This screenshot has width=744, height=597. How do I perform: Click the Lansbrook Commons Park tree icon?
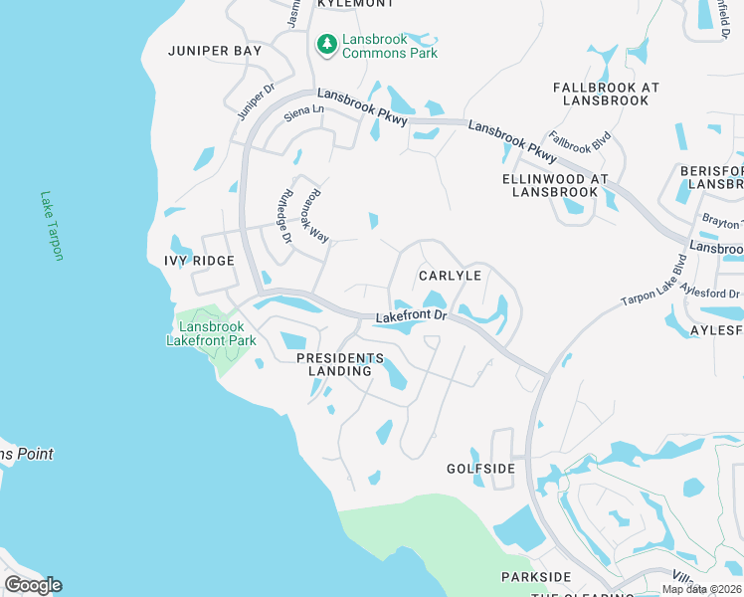(325, 44)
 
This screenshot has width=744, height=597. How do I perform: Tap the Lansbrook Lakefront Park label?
(211, 333)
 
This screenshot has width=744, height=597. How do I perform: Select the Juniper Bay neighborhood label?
(215, 51)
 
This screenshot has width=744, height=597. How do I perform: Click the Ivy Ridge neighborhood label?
(199, 261)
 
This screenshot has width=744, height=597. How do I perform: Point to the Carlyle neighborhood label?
(450, 276)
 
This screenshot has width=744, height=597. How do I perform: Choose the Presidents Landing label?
(340, 364)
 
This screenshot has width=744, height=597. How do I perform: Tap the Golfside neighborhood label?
(480, 469)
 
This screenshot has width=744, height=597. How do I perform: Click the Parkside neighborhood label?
(536, 577)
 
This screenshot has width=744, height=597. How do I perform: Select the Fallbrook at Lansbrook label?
(606, 94)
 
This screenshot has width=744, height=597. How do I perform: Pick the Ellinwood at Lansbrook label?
(555, 185)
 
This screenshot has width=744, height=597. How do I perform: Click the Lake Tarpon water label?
(51, 226)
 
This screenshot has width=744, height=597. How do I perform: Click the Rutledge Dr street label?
(283, 217)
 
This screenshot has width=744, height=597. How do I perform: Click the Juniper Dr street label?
(257, 103)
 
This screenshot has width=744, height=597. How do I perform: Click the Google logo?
(33, 585)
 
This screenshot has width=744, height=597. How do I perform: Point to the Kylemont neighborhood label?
(349, 4)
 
